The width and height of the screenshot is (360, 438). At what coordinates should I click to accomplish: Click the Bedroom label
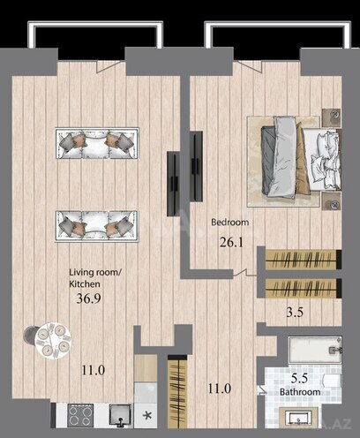point(230,223)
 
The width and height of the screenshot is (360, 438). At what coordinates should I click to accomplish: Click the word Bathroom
point(295,389)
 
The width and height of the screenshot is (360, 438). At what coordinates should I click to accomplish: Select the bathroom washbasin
point(301,419)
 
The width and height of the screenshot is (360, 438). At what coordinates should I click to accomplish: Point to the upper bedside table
point(333,116)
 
